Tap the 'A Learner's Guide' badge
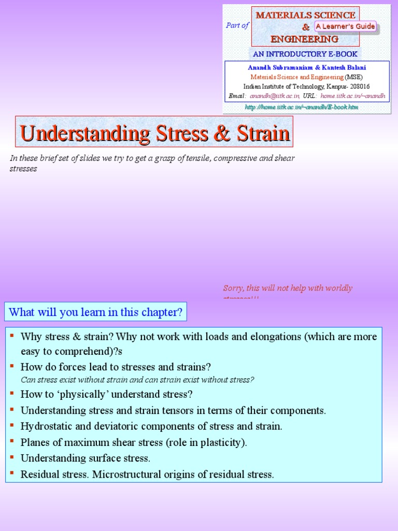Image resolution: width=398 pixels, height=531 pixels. coord(345,26)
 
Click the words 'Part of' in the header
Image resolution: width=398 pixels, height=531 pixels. coord(237,25)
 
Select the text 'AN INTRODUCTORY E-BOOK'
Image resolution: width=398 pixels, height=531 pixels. coord(305,54)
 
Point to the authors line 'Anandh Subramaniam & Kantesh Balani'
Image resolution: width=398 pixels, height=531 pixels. coord(306,67)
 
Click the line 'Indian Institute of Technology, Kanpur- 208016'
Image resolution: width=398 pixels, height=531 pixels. coord(306,87)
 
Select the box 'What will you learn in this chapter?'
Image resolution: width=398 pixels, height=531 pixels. coord(96,312)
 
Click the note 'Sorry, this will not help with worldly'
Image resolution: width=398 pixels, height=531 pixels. coord(288,288)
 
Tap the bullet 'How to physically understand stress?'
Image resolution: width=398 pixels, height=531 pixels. coord(107,394)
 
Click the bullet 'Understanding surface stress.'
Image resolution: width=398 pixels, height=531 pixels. coord(86,458)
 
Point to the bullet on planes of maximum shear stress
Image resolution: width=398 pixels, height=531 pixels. coord(134,442)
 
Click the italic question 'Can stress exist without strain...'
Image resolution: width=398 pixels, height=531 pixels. coord(137,380)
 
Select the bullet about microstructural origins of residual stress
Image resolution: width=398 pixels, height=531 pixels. coord(147,474)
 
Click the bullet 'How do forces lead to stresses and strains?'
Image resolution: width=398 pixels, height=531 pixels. coord(116,367)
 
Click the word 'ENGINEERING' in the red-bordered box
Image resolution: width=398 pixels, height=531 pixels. coord(304,39)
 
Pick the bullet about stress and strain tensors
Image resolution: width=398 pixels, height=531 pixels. coord(173,410)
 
